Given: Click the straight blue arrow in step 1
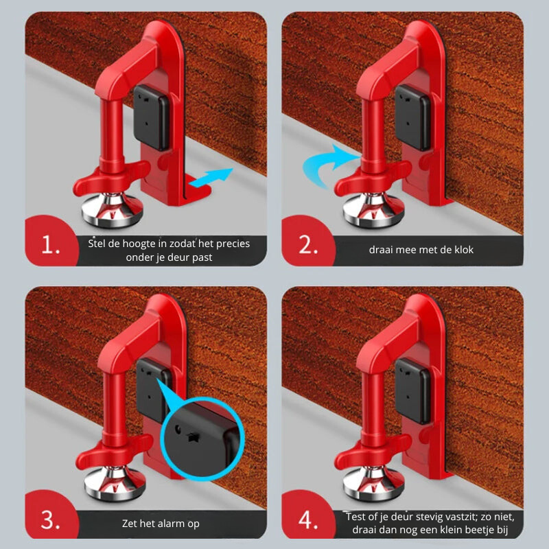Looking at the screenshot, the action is click(x=211, y=177).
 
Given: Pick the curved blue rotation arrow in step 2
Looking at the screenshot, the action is click(x=327, y=165).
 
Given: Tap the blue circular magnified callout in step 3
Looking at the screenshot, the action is click(x=202, y=439).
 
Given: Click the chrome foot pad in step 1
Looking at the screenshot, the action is click(x=112, y=210).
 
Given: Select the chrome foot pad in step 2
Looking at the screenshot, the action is click(x=373, y=211).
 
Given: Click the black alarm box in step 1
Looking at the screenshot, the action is click(x=151, y=117).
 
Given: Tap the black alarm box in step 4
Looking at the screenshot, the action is click(x=412, y=391).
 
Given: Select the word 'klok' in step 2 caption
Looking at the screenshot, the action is click(x=464, y=250).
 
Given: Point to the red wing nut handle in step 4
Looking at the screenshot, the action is click(x=372, y=452).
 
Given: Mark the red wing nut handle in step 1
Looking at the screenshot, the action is click(x=111, y=178).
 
